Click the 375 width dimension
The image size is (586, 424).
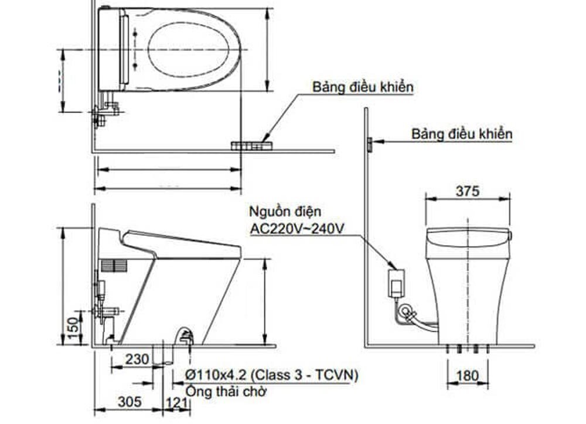pos(467,191)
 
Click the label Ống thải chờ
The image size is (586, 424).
pos(222,391)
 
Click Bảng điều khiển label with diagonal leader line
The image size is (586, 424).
pos(363,87)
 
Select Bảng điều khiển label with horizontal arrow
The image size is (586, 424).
pos(461,134)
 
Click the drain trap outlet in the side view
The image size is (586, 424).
pos(185,337)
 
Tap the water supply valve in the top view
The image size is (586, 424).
pos(105,111)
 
